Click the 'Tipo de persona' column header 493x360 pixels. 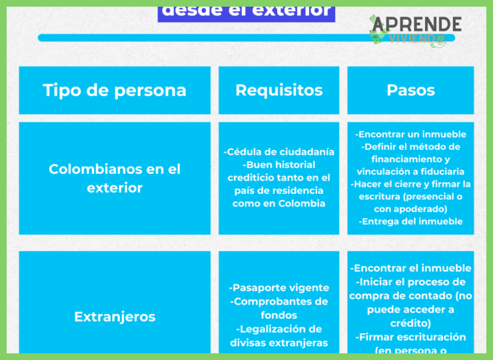pyautogui.click(x=115, y=90)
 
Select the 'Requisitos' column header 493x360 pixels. pyautogui.click(x=278, y=90)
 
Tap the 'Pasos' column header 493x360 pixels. pyautogui.click(x=410, y=90)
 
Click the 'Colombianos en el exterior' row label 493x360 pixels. pyautogui.click(x=115, y=179)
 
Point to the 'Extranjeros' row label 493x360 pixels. pyautogui.click(x=115, y=317)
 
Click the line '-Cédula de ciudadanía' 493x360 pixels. pyautogui.click(x=278, y=152)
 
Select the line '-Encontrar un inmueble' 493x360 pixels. pyautogui.click(x=410, y=134)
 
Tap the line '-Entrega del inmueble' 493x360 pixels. pyautogui.click(x=410, y=221)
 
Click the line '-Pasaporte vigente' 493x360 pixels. pyautogui.click(x=278, y=288)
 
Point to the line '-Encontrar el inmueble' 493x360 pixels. pyautogui.click(x=410, y=268)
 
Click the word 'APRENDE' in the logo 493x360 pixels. pyautogui.click(x=417, y=24)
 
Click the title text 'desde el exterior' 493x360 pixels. pyautogui.click(x=246, y=10)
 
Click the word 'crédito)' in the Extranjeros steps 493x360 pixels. pyautogui.click(x=410, y=323)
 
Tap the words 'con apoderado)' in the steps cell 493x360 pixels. pyautogui.click(x=410, y=209)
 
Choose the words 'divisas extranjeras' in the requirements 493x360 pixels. pyautogui.click(x=278, y=343)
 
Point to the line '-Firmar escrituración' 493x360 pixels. pyautogui.click(x=410, y=337)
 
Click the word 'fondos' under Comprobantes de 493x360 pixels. pyautogui.click(x=278, y=315)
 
